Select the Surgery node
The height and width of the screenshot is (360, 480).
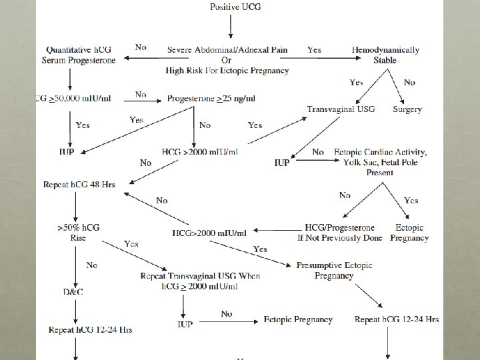(407, 109)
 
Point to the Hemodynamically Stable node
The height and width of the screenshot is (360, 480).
(385, 55)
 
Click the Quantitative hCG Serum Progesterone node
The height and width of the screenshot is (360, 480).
(81, 55)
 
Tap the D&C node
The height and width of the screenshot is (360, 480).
(75, 293)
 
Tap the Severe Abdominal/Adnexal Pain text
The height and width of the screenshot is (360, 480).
(228, 50)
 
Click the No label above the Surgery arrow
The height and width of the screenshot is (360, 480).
(409, 83)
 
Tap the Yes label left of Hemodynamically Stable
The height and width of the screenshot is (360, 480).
(314, 49)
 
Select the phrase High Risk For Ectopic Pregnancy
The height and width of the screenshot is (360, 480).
(228, 71)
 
